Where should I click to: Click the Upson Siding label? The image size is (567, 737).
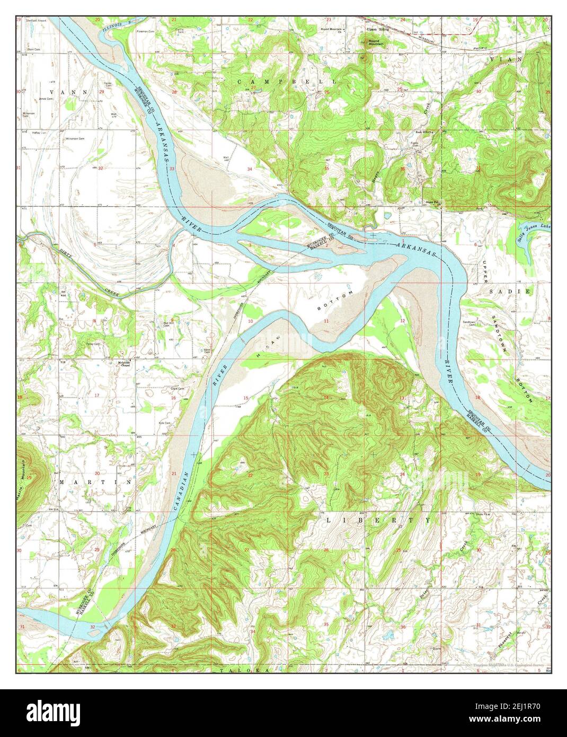point(378,29)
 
